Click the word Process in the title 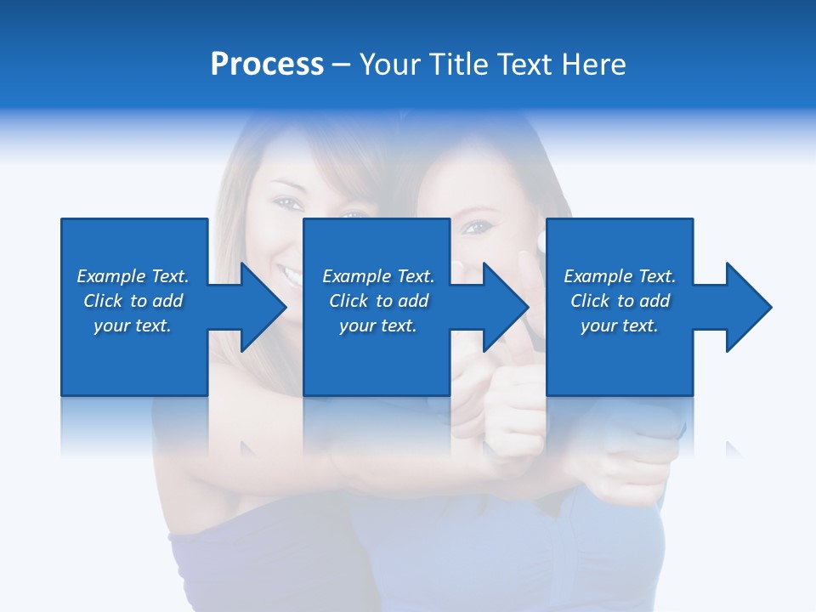[267, 65]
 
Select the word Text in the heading [522, 65]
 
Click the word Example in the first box [110, 276]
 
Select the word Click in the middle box [348, 301]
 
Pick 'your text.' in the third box [619, 326]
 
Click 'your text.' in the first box [133, 326]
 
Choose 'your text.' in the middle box [377, 326]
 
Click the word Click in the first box [102, 301]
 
